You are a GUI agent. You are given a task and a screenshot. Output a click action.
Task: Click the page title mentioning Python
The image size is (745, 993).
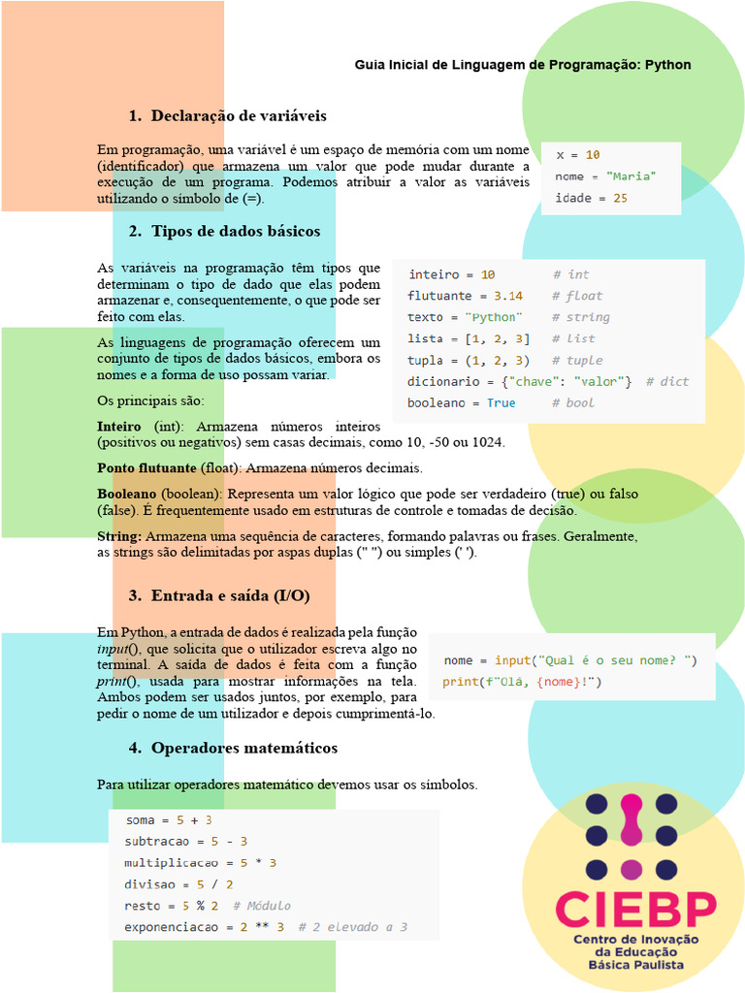click(523, 65)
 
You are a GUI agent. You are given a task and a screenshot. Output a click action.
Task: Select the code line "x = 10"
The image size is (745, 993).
click(577, 155)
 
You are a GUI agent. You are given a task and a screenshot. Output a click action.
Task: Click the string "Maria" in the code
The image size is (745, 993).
click(631, 176)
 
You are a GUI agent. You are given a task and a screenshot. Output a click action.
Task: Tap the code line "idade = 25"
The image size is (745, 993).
click(591, 198)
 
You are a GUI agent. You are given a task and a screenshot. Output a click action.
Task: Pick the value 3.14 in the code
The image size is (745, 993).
click(507, 296)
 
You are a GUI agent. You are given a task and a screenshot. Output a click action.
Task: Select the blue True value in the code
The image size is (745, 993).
click(501, 402)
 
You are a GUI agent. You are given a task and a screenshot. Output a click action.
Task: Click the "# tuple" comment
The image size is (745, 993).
click(577, 360)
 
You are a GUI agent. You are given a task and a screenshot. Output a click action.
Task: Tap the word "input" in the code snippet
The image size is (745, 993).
click(511, 660)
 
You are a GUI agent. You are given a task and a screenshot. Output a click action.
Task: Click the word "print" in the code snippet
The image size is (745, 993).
click(460, 682)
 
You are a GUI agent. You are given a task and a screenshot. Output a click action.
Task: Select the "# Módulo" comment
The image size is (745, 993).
click(261, 906)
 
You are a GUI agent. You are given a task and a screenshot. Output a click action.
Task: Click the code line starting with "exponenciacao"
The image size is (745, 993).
click(266, 927)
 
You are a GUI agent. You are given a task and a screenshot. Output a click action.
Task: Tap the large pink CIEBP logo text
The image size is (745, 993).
click(635, 909)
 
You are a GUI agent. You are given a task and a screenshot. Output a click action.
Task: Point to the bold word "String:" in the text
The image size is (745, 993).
click(119, 536)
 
